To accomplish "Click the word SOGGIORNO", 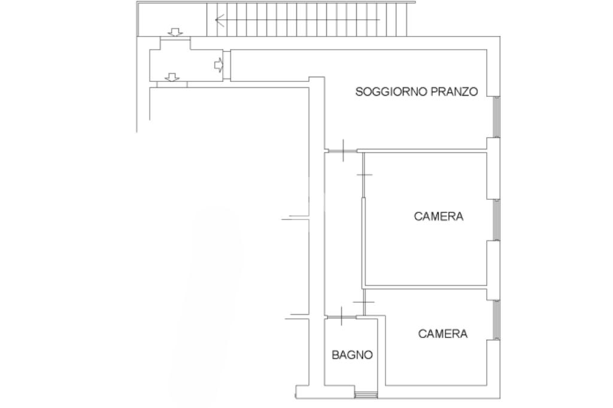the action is tap(392, 92).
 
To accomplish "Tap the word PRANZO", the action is tap(454, 92).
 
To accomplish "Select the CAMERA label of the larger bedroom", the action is tap(439, 217).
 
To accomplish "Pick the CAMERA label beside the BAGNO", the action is tap(442, 334).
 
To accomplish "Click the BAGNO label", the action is tap(352, 355).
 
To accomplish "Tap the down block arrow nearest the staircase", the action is tap(175, 32).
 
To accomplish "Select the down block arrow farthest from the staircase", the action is tap(172, 77).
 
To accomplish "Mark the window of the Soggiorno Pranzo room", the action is tap(496, 117).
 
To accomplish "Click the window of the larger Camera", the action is tap(496, 220).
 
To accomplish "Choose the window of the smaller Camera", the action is tap(496, 319).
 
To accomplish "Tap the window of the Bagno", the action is tap(366, 395).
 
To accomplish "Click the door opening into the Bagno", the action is tap(342, 317).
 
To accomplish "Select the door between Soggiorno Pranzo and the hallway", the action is tap(342, 151).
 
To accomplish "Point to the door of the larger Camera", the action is tap(363, 175).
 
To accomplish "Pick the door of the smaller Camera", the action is tap(363, 302).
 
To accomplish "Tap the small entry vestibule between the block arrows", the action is tap(187, 65).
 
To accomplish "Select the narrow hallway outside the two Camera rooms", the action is tap(343, 234).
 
